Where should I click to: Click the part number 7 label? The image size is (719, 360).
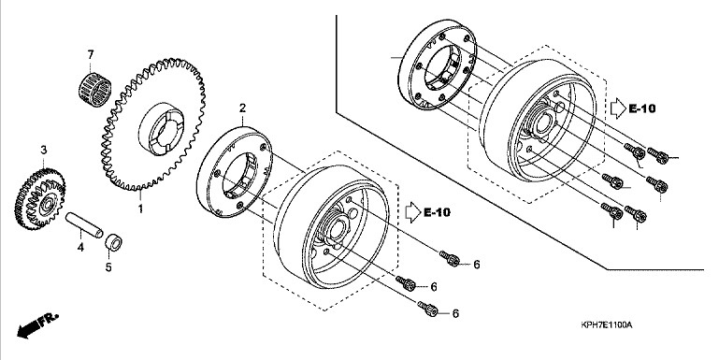point(91,55)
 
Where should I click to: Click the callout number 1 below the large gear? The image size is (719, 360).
point(141,209)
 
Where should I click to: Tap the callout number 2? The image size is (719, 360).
point(242,108)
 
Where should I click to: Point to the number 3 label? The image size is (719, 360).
point(44,150)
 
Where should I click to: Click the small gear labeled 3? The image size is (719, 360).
point(40,199)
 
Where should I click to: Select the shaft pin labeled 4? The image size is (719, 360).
point(84,225)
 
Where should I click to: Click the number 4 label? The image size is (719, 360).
point(80,248)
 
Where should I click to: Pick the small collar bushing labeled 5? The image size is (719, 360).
point(113,241)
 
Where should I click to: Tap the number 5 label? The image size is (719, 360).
point(108,266)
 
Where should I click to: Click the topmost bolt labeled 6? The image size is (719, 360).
point(450,258)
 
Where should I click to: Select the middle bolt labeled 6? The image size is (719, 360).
point(406,283)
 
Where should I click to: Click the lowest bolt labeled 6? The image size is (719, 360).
point(428,309)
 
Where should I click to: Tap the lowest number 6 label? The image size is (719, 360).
point(455,313)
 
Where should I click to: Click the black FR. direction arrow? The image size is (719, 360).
point(37,324)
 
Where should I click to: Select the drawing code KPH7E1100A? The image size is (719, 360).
point(606,325)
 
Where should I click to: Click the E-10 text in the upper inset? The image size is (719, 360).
point(642,108)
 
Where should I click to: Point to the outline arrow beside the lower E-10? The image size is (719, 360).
point(413,212)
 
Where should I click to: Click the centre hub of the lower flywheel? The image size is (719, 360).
point(338,228)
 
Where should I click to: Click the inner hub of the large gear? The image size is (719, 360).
point(161,130)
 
